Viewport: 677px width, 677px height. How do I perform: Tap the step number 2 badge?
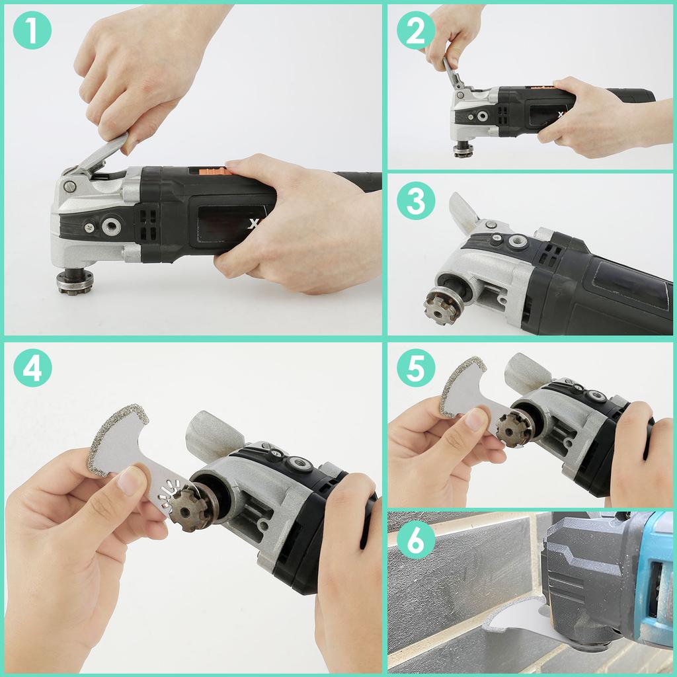point(416,30)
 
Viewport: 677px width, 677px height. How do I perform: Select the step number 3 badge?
point(416,202)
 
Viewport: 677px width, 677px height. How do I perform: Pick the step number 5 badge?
point(416,367)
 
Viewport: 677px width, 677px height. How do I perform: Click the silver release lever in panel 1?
point(99,154)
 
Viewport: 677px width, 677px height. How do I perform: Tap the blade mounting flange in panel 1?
point(74,281)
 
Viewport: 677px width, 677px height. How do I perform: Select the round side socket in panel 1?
point(111,227)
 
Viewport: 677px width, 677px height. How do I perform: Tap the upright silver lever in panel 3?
point(465,212)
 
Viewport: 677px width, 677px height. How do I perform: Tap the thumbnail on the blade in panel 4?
point(133,481)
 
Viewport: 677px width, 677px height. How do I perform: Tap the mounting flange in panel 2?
point(463,149)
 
